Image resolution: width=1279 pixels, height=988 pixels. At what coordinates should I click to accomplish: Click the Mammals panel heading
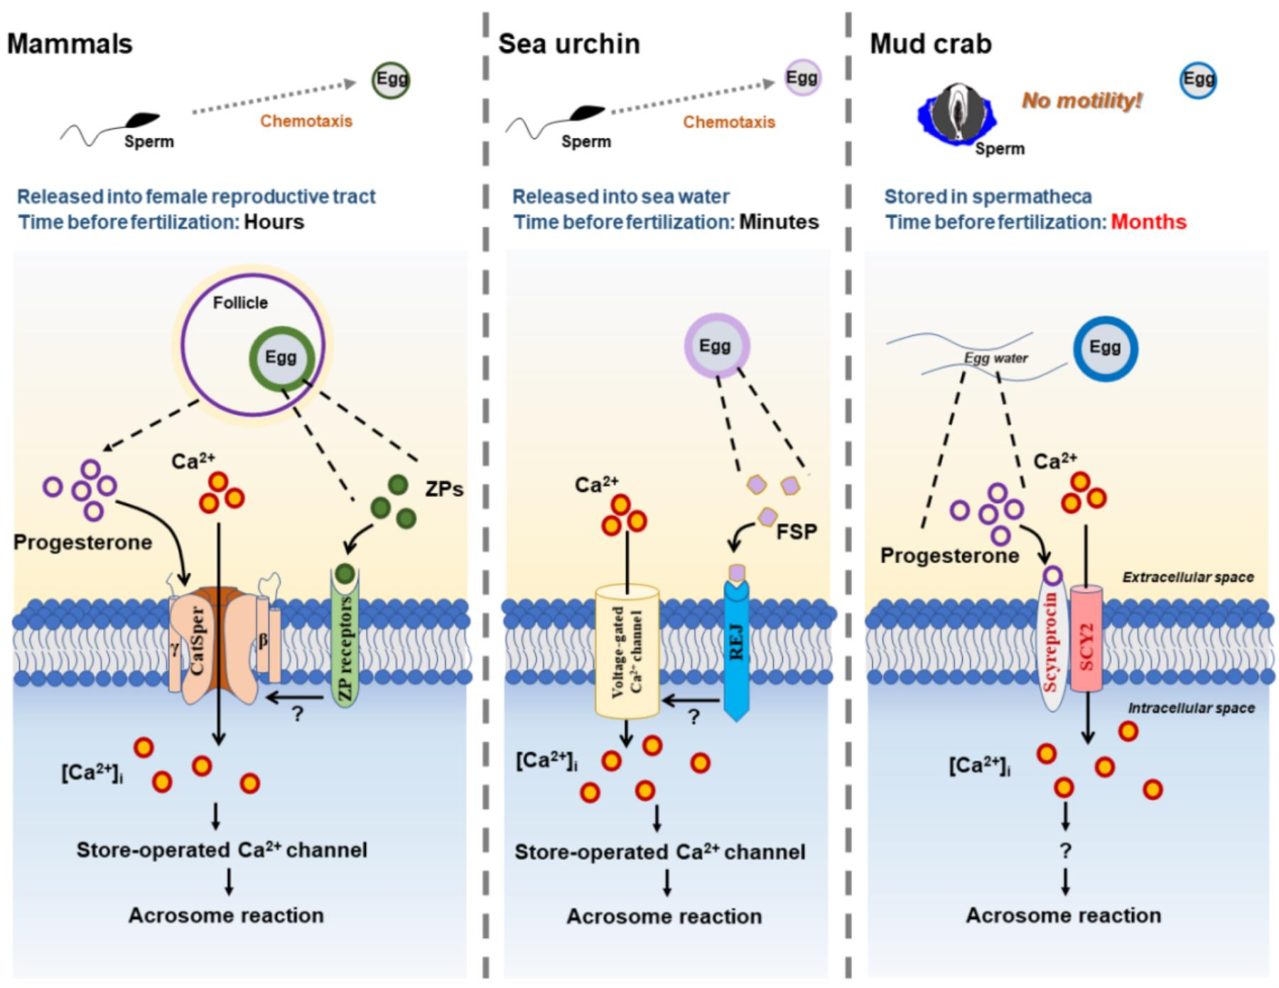click(70, 44)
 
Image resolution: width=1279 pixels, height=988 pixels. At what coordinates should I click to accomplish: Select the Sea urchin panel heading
click(568, 44)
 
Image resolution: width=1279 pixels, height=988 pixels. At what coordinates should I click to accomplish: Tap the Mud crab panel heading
click(930, 44)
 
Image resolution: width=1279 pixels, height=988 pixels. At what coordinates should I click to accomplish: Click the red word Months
click(1148, 222)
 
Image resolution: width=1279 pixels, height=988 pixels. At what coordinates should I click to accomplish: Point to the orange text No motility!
click(1081, 101)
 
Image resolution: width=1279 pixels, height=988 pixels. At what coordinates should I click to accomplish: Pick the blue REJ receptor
click(737, 647)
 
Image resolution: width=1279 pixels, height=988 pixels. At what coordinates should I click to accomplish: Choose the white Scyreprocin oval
click(1054, 640)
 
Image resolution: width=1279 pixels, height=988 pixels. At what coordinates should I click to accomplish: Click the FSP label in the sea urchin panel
click(797, 531)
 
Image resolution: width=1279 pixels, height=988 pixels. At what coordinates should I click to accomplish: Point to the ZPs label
click(444, 489)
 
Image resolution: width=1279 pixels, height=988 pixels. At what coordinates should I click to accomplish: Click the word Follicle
click(240, 303)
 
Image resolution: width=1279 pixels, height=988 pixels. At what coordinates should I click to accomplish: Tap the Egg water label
click(995, 358)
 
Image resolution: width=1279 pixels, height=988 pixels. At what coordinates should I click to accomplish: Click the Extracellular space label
click(1187, 577)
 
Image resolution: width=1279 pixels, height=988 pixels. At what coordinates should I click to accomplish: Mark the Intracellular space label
click(1191, 708)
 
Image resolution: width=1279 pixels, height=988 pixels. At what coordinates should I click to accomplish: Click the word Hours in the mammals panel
click(274, 222)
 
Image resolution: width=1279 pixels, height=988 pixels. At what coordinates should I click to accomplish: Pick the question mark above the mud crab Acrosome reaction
click(1064, 850)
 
